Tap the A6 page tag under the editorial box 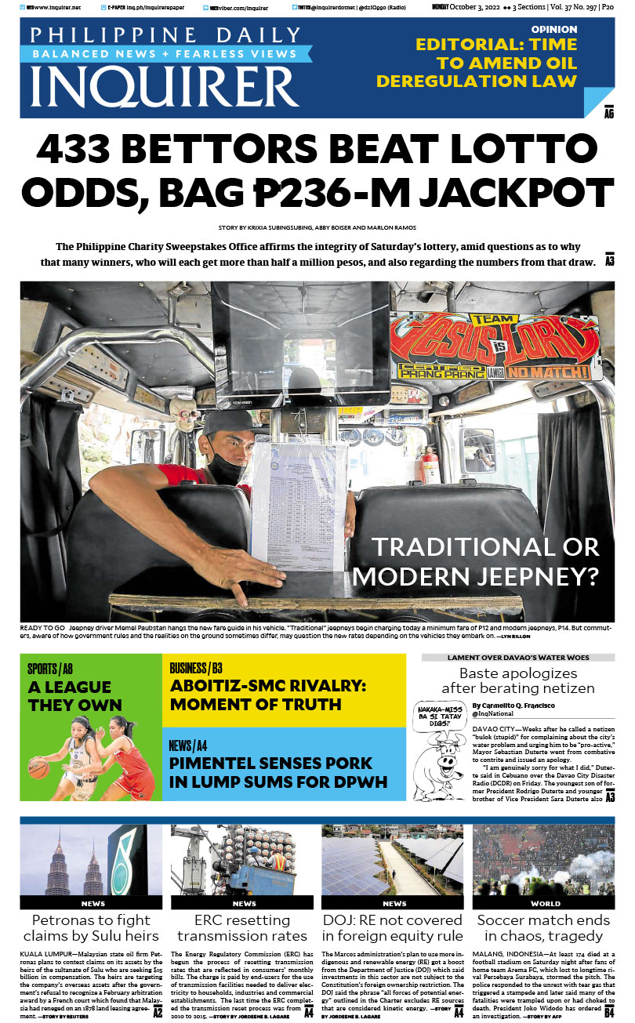pyautogui.click(x=608, y=114)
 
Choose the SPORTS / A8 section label pyautogui.click(x=50, y=669)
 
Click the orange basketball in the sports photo pyautogui.click(x=38, y=765)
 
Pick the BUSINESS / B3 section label pyautogui.click(x=196, y=668)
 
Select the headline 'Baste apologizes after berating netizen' pyautogui.click(x=517, y=680)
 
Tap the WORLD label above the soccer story pyautogui.click(x=545, y=904)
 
